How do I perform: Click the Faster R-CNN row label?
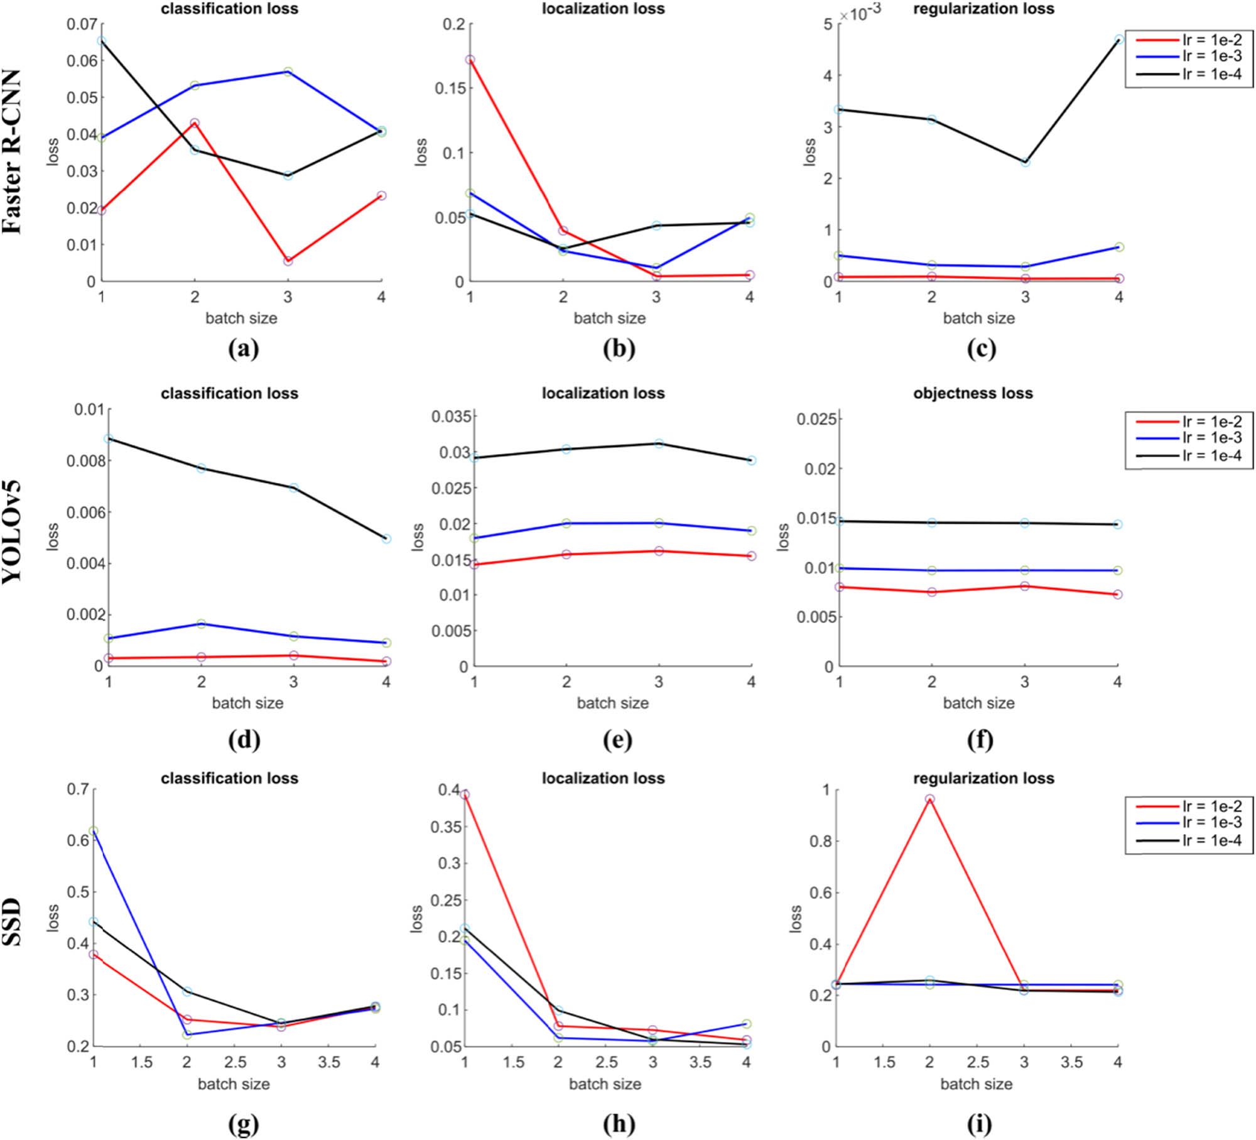pyautogui.click(x=13, y=151)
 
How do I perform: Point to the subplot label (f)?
pyautogui.click(x=980, y=739)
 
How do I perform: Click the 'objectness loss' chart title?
pyautogui.click(x=973, y=393)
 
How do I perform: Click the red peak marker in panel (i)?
pyautogui.click(x=929, y=799)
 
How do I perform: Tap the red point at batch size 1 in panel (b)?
pyautogui.click(x=470, y=60)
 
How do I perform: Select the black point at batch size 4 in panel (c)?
pyautogui.click(x=1119, y=39)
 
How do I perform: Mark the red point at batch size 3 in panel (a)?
pyautogui.click(x=288, y=261)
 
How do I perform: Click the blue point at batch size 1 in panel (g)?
pyautogui.click(x=94, y=831)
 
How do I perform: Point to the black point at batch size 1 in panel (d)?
pyautogui.click(x=109, y=438)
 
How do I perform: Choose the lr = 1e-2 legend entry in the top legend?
pyautogui.click(x=1212, y=40)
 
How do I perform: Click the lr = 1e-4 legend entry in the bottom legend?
pyautogui.click(x=1212, y=840)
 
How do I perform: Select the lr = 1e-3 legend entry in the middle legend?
pyautogui.click(x=1212, y=438)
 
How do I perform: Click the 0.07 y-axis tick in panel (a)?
pyautogui.click(x=82, y=24)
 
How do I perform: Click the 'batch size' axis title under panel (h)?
pyautogui.click(x=605, y=1083)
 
